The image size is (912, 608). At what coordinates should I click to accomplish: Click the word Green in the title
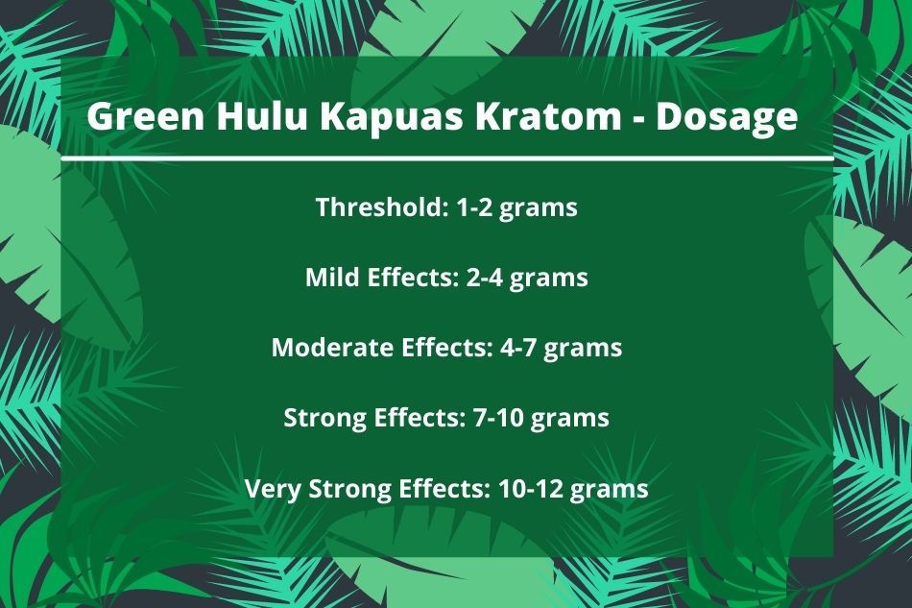[x=146, y=116]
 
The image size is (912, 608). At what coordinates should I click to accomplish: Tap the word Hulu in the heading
[x=262, y=116]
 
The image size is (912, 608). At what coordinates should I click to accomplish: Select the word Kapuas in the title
[x=392, y=118]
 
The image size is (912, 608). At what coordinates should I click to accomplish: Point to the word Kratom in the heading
[x=548, y=116]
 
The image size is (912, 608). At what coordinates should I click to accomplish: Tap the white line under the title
[x=446, y=158]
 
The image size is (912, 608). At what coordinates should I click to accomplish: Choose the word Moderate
[x=333, y=348]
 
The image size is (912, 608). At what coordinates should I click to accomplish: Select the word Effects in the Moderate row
[x=447, y=348]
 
